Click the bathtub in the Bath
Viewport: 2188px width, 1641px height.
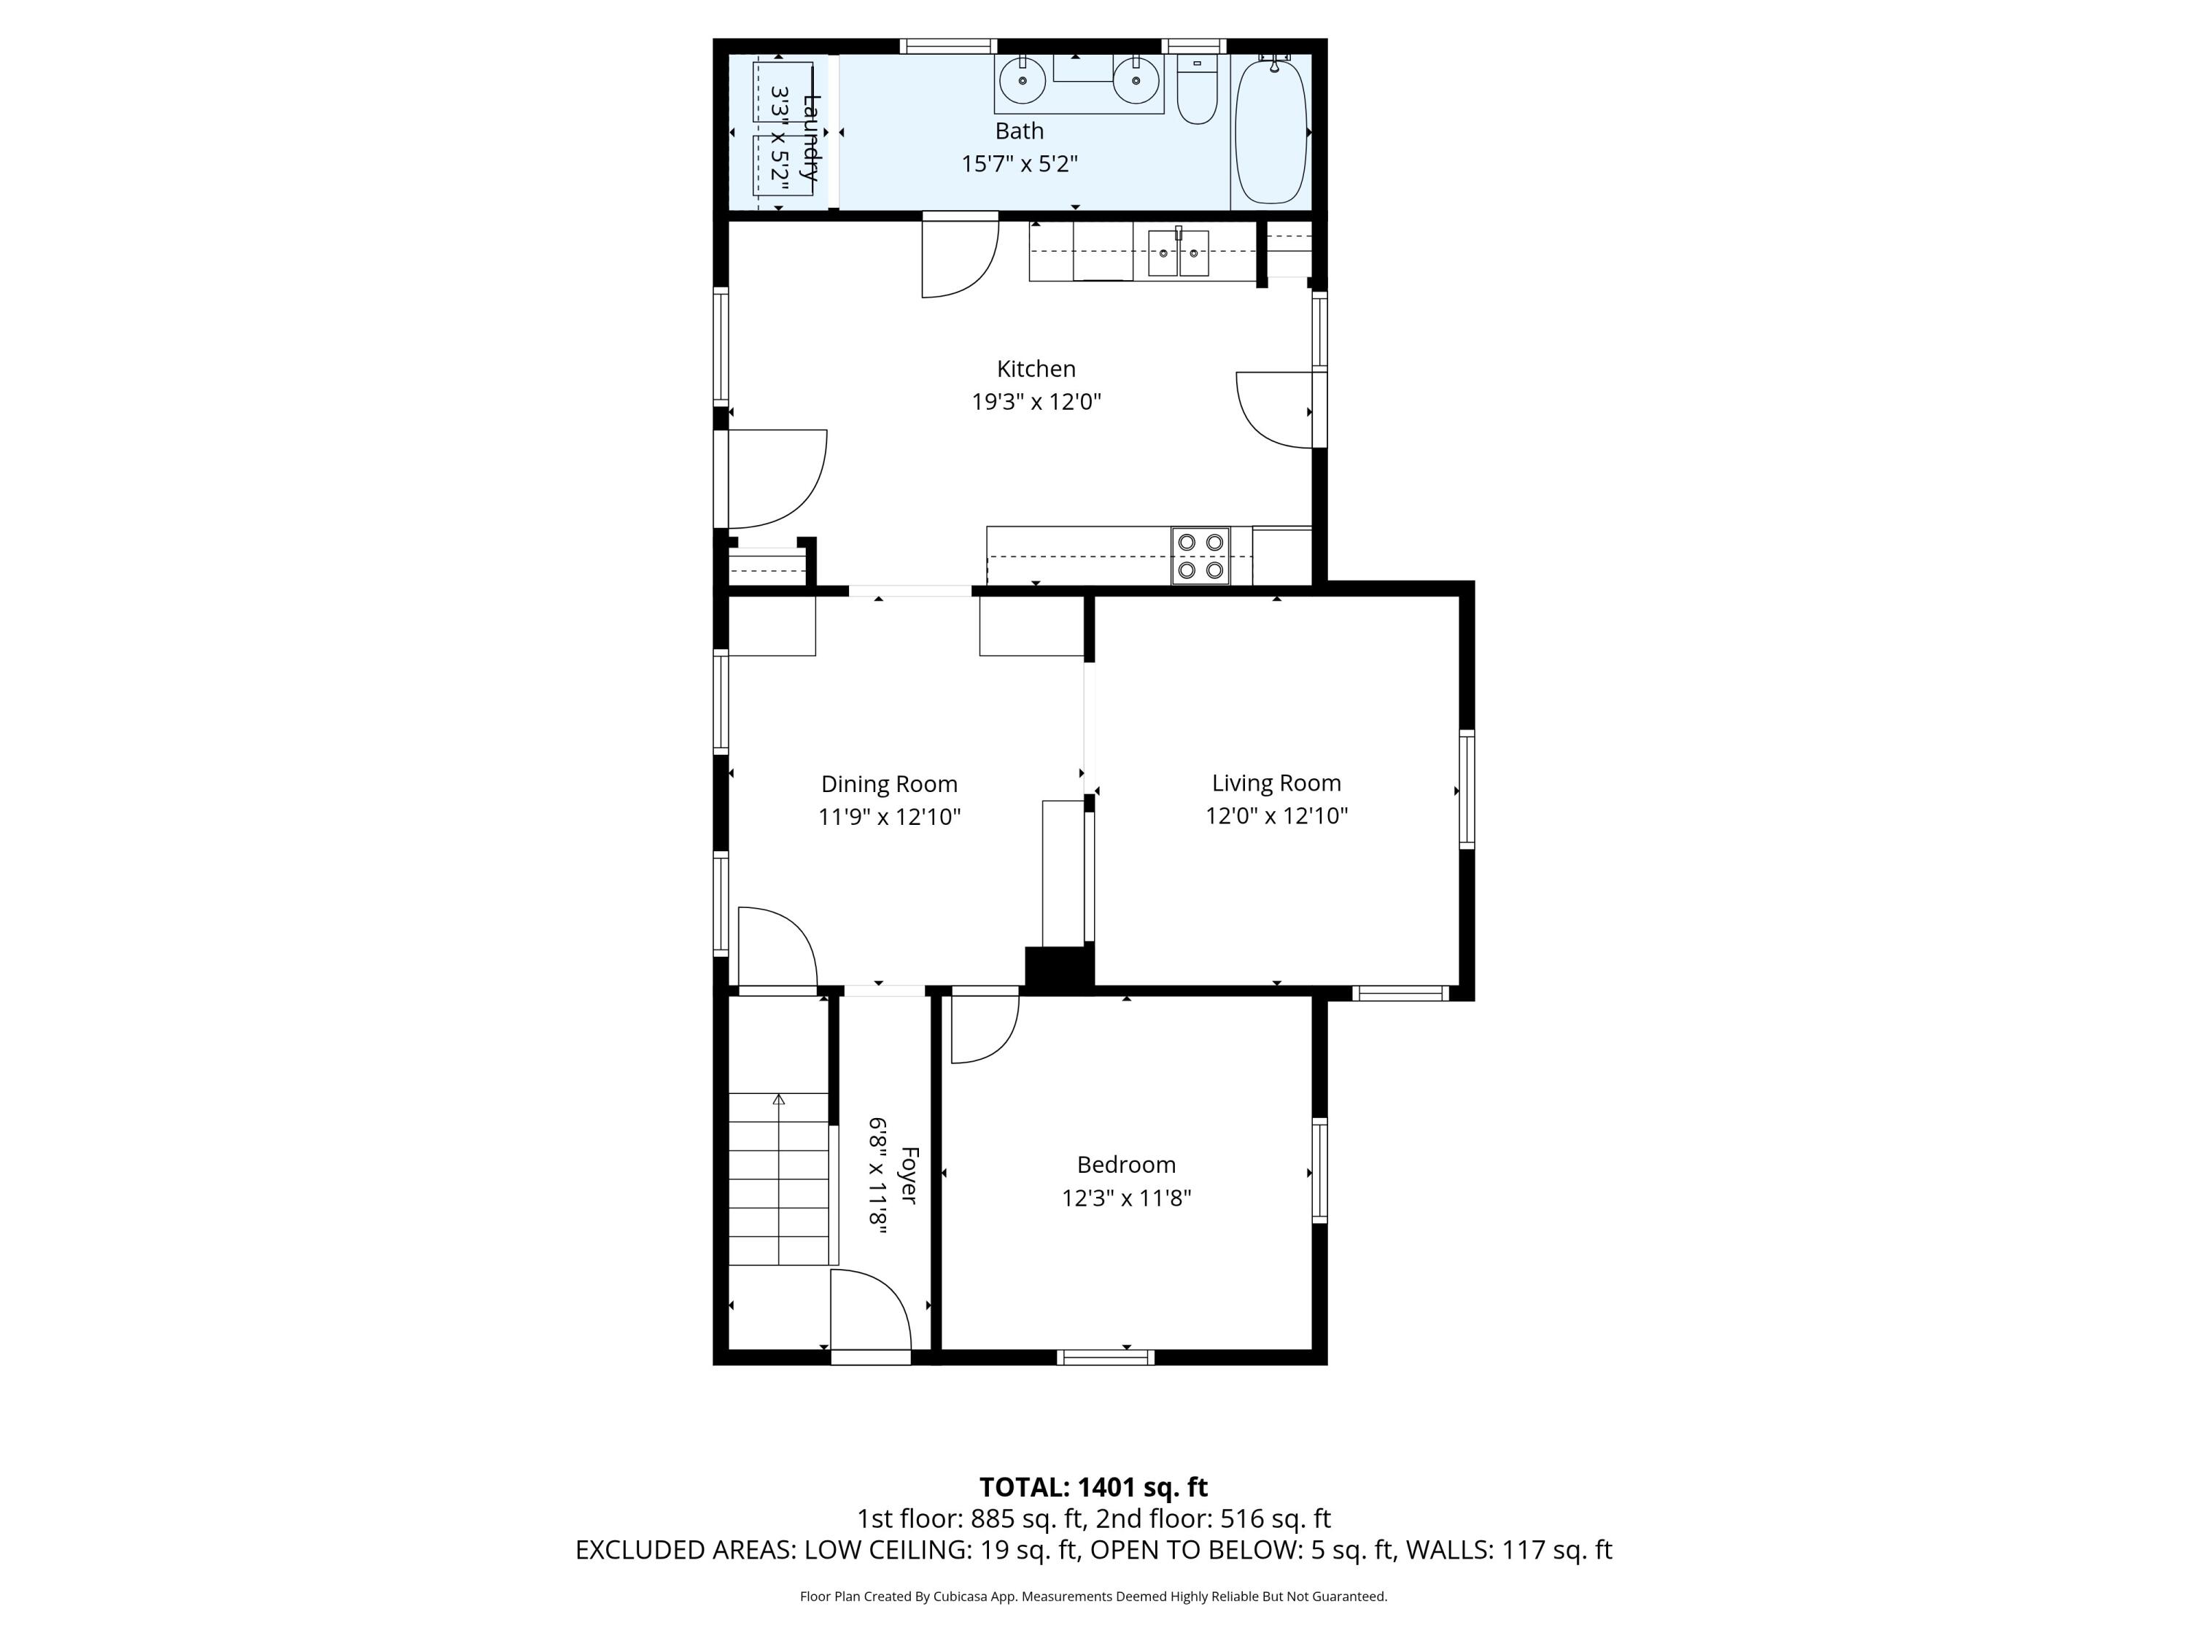[1271, 131]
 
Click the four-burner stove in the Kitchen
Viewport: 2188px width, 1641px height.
[1200, 556]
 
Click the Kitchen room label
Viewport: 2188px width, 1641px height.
[1036, 369]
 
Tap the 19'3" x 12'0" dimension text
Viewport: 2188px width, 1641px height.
[1036, 402]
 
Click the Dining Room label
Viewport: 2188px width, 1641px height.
[889, 784]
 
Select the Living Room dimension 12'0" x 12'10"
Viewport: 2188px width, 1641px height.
[1276, 816]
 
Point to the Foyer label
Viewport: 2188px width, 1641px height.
[909, 1175]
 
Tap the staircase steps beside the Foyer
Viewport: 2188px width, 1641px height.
[778, 1178]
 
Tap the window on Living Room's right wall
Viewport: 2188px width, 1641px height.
[1467, 789]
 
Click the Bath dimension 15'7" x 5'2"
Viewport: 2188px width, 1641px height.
[1019, 164]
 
